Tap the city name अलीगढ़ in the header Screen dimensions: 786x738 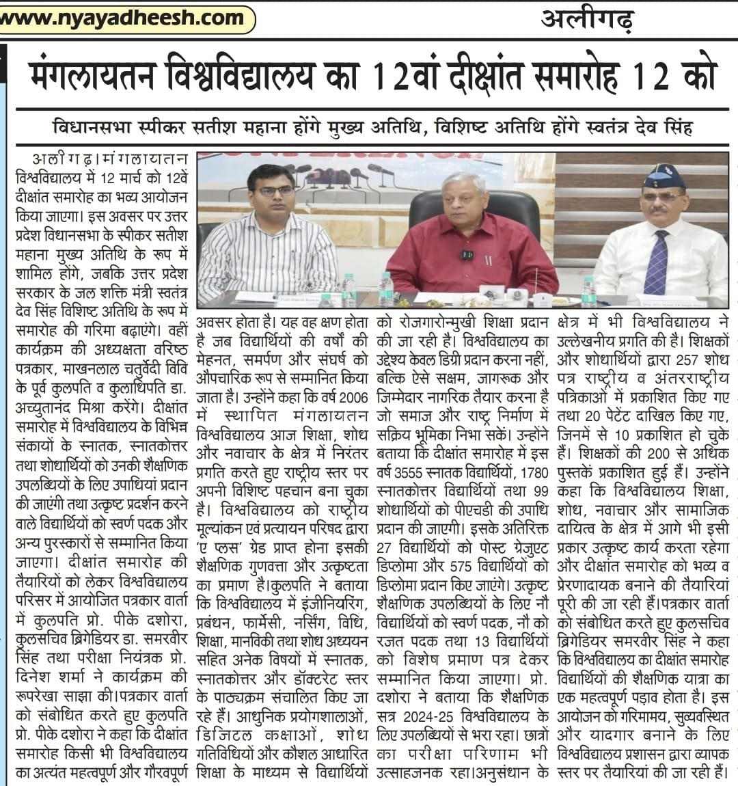coord(588,20)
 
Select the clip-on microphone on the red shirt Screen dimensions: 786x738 coord(467,254)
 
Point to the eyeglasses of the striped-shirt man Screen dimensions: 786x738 coord(274,191)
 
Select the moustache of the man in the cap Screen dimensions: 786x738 coord(661,214)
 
